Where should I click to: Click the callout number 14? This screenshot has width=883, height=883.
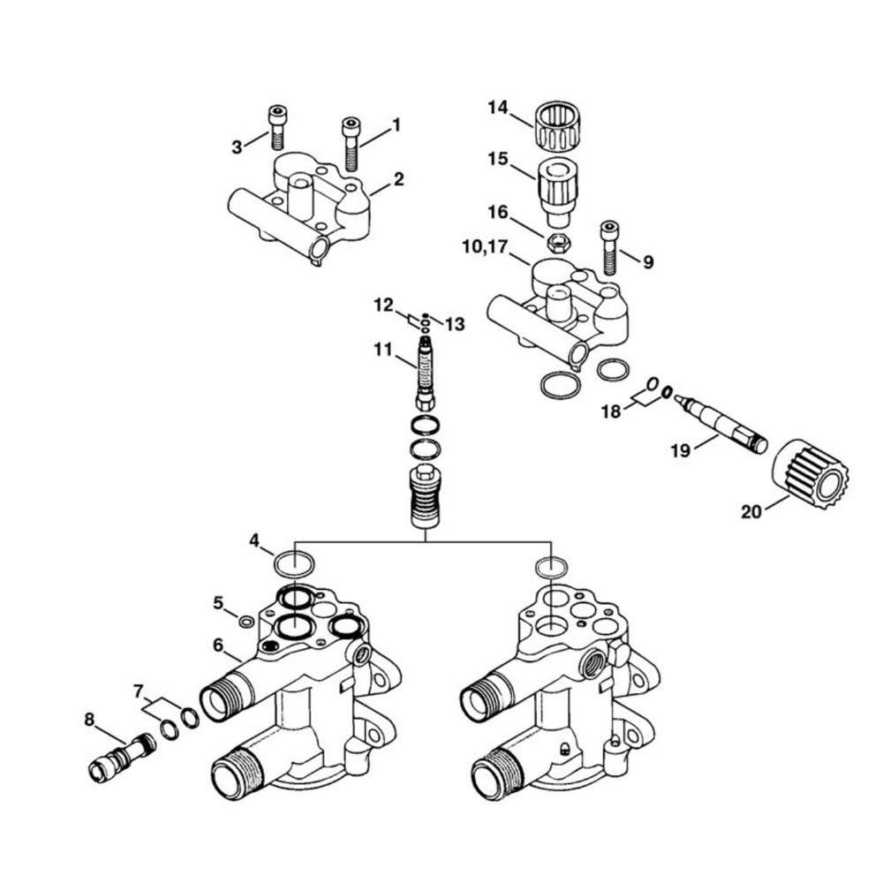[498, 108]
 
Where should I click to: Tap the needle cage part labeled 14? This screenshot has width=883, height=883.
[557, 127]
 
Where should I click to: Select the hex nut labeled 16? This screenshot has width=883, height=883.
[557, 243]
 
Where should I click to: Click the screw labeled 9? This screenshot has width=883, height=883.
[608, 248]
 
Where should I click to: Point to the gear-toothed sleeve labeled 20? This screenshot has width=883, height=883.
[809, 478]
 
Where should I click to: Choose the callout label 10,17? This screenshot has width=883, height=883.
[485, 247]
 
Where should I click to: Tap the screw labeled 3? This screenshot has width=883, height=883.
[276, 128]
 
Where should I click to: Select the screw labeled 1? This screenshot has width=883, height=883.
[351, 144]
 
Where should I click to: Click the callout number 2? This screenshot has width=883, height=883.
[398, 179]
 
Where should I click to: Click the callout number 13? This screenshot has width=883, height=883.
[455, 324]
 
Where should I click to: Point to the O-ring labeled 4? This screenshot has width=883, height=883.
[293, 563]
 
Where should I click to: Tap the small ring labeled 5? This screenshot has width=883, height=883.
[246, 622]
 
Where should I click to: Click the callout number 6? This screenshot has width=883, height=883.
[218, 645]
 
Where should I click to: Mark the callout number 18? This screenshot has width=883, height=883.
[610, 411]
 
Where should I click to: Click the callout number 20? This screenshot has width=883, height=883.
[751, 512]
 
